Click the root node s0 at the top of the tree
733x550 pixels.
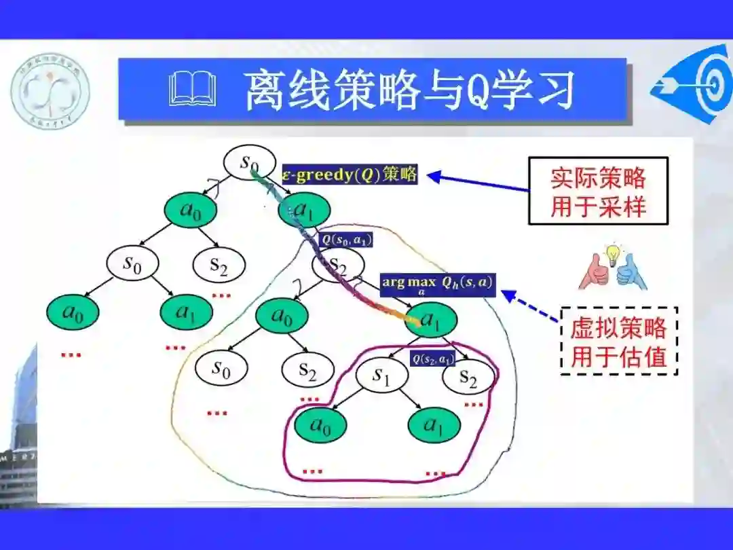(x=249, y=163)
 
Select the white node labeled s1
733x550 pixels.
(x=381, y=378)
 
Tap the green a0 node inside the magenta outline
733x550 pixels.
(x=319, y=425)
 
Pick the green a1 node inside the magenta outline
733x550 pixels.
(x=434, y=425)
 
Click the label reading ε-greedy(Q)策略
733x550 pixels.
(x=349, y=175)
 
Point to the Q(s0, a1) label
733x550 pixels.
(x=347, y=239)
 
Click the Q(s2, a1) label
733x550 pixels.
(x=432, y=359)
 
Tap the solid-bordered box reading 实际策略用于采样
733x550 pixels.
(x=598, y=191)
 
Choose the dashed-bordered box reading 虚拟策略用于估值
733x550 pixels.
(x=618, y=342)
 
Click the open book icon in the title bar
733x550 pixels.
(x=193, y=90)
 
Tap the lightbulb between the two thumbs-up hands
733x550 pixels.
(x=614, y=254)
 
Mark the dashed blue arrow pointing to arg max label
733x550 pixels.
(x=531, y=304)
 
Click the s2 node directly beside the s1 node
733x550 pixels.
(x=468, y=378)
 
